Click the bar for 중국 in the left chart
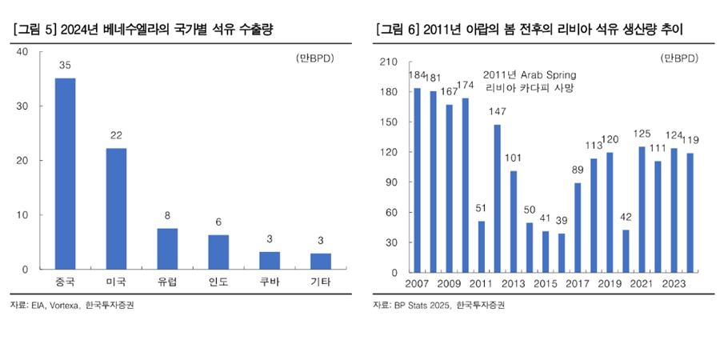point(65,174)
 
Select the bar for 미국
point(116,209)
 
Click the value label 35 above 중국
point(65,66)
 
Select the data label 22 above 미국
point(116,136)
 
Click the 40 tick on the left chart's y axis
point(22,52)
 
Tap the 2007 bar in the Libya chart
point(418,180)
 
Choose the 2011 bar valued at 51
point(482,246)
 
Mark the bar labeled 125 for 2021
point(642,209)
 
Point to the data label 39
point(562,222)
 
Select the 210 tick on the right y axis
point(387,62)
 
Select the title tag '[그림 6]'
point(398,30)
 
